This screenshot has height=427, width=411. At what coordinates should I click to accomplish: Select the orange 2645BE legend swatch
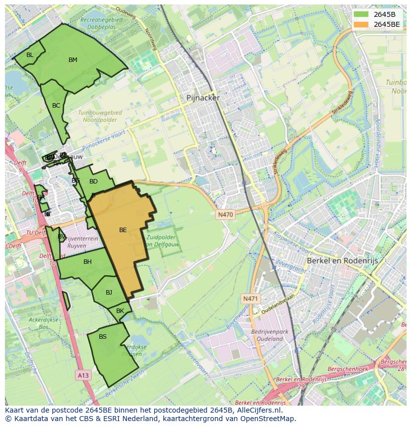361,24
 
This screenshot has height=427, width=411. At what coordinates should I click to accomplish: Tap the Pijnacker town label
203,98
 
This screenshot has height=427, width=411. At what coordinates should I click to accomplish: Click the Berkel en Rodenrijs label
342,260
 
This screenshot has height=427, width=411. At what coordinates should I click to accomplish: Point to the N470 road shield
225,215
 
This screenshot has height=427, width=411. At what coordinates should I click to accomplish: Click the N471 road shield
251,299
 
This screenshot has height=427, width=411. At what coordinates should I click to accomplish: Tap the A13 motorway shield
83,375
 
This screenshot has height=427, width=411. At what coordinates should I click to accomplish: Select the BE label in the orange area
123,230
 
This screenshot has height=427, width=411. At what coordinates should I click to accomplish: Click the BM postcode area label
73,60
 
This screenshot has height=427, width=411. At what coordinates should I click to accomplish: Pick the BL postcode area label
30,55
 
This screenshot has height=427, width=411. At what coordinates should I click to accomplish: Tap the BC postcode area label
56,106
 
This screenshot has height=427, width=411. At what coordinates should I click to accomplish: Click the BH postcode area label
87,262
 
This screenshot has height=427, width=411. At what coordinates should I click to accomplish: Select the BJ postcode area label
109,292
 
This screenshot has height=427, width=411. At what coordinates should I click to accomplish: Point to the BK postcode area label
120,311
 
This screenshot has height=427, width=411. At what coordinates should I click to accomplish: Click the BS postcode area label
103,337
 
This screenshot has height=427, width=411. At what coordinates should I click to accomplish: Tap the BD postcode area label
93,182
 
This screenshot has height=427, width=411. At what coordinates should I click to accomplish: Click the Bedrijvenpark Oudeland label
267,335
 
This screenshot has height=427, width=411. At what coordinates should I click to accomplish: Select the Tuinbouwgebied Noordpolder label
100,116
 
